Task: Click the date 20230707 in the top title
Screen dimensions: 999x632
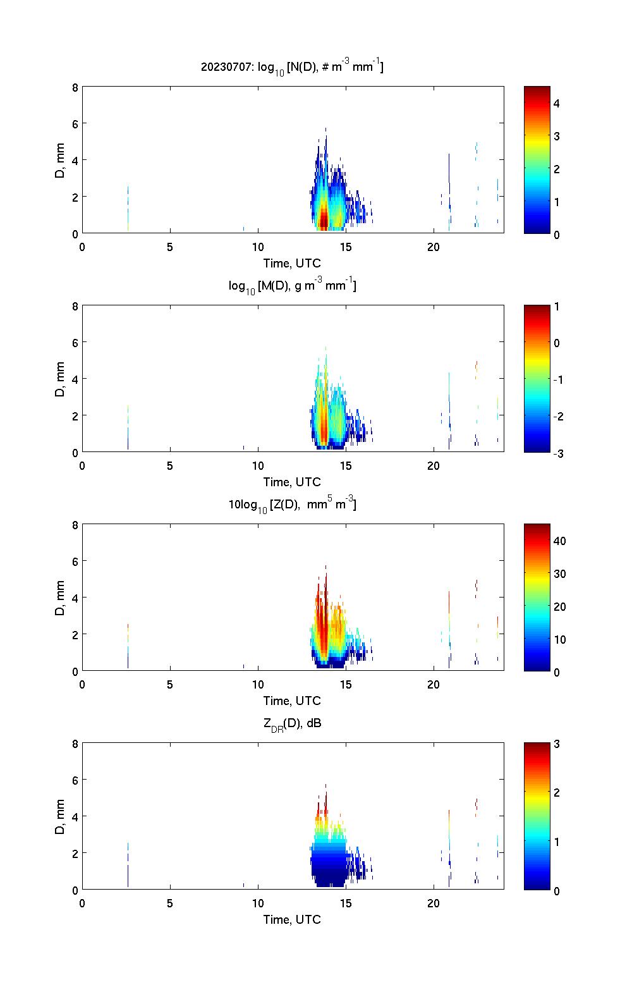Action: [x=225, y=66]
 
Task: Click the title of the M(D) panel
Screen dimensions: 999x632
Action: [x=293, y=286]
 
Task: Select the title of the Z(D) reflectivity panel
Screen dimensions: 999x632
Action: [x=293, y=505]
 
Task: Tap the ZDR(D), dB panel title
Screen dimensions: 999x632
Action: [x=293, y=724]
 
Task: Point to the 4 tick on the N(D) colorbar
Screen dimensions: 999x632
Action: [x=557, y=103]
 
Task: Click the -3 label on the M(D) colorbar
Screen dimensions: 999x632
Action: [x=559, y=453]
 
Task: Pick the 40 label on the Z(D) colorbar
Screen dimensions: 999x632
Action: [x=559, y=541]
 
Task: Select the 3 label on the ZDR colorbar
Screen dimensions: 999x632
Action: [x=557, y=744]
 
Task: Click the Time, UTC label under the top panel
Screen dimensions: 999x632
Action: [x=293, y=263]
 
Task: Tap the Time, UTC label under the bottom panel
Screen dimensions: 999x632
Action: [x=293, y=919]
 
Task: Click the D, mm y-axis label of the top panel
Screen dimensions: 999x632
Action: [x=61, y=161]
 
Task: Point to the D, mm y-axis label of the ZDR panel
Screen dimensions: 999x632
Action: [x=61, y=817]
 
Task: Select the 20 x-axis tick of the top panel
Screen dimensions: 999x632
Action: [x=433, y=247]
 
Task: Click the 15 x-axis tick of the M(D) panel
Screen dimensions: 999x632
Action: [x=345, y=466]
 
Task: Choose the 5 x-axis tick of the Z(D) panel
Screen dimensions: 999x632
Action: [x=170, y=685]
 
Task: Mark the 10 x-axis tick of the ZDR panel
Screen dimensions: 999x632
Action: [x=258, y=904]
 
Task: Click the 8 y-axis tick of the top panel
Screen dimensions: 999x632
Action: [x=75, y=87]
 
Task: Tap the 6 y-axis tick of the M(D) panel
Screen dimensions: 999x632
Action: [x=75, y=343]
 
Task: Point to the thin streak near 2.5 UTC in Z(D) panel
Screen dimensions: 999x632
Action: [x=128, y=645]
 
